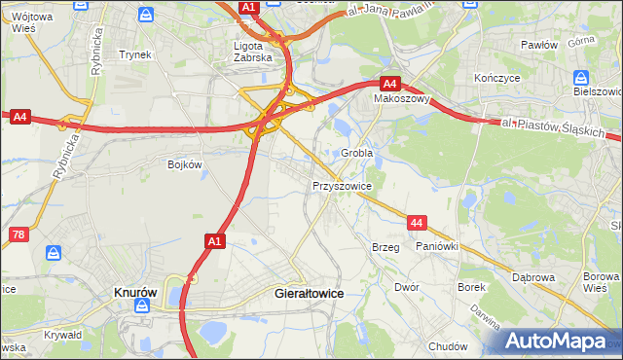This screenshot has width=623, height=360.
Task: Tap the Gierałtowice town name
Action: click(310, 292)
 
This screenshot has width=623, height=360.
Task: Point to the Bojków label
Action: click(184, 164)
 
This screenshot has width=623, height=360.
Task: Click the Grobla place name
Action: click(357, 154)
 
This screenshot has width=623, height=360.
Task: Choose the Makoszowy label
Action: click(402, 99)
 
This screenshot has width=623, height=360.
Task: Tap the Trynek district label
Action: click(135, 54)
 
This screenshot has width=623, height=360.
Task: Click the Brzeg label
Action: click(385, 247)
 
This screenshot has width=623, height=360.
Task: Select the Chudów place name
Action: click(448, 346)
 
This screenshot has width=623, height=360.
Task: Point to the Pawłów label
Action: click(538, 46)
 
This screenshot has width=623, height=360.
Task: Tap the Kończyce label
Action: click(495, 77)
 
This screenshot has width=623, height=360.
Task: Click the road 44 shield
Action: click(417, 224)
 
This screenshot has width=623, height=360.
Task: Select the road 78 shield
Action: click(18, 234)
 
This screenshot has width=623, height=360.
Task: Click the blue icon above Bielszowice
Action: click(581, 77)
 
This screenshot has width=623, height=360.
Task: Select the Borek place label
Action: click(472, 288)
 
